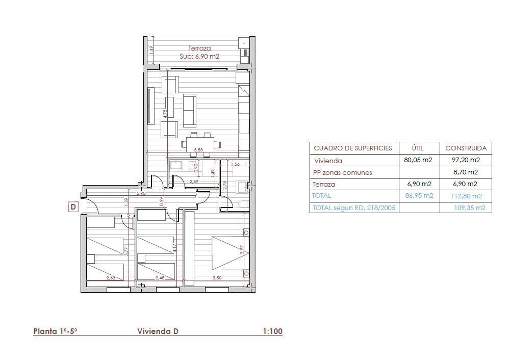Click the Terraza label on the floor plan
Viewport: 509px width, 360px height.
click(199, 48)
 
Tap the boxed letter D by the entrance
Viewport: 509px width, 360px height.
click(73, 207)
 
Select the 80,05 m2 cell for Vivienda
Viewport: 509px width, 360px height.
click(418, 160)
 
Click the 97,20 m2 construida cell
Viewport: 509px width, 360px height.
click(466, 160)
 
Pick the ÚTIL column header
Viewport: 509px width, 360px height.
click(418, 148)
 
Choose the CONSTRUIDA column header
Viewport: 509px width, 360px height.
click(466, 148)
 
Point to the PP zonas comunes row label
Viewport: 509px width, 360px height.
click(342, 173)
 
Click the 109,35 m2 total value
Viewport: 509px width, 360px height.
click(470, 208)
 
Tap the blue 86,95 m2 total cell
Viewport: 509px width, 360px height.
click(419, 196)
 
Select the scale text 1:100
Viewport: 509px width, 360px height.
click(272, 331)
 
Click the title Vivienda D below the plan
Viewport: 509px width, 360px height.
click(158, 331)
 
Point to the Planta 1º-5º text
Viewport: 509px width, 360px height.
click(56, 331)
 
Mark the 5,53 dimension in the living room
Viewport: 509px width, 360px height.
click(198, 150)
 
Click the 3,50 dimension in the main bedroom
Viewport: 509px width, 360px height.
click(217, 278)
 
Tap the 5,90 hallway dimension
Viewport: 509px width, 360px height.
click(141, 193)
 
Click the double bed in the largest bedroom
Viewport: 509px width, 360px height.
click(231, 253)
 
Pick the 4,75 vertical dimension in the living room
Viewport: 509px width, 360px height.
click(165, 114)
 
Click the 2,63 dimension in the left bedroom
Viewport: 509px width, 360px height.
click(111, 278)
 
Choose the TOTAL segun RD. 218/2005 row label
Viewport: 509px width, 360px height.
click(354, 208)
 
